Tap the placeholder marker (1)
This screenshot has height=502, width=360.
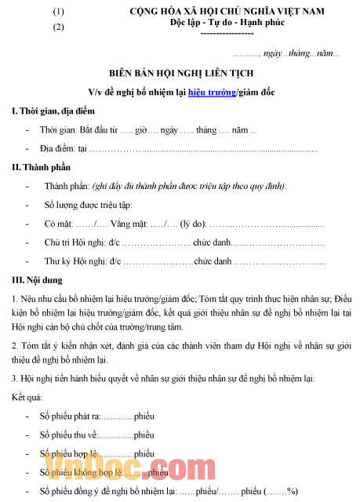tap(58, 12)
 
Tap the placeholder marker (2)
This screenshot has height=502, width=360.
tap(58, 27)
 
